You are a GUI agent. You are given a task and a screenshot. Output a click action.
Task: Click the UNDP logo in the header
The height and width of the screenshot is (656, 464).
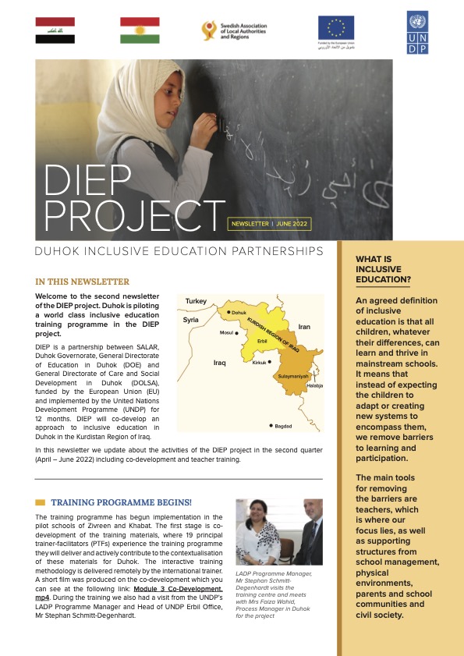417,32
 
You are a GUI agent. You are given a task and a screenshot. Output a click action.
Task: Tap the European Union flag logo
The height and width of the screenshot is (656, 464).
335,27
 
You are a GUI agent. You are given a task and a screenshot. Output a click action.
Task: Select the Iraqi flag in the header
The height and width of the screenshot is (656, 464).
55,30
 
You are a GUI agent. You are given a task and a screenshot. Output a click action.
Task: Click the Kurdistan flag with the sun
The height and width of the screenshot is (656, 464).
140,30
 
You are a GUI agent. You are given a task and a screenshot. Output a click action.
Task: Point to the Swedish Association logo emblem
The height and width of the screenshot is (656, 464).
209,30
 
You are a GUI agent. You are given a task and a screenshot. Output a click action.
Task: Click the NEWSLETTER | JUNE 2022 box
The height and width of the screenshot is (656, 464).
269,224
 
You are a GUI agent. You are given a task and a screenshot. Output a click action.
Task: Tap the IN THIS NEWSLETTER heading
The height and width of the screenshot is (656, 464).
82,282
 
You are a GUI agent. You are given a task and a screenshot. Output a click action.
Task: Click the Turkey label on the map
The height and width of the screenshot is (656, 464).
197,301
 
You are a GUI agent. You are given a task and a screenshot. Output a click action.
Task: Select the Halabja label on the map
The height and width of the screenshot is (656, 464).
315,385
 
